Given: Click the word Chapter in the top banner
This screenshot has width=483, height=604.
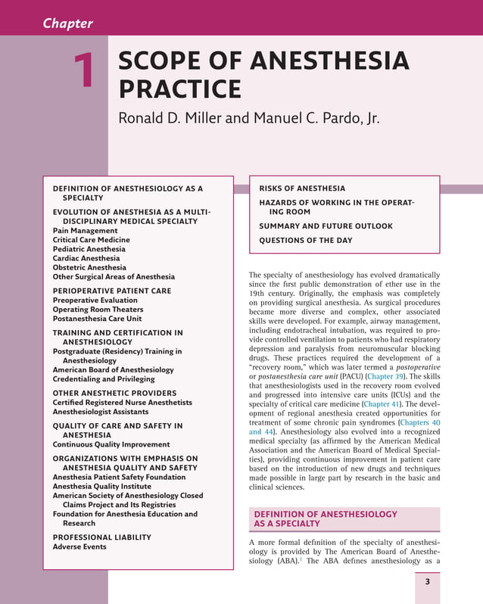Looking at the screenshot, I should pyautogui.click(x=67, y=23).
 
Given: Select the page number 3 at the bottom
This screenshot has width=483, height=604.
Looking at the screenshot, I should pyautogui.click(x=427, y=581).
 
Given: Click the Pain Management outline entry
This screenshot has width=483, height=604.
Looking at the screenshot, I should pyautogui.click(x=85, y=230).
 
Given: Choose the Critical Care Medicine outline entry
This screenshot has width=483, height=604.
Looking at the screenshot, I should pyautogui.click(x=91, y=240).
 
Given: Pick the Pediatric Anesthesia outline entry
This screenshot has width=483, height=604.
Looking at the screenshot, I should pyautogui.click(x=89, y=249).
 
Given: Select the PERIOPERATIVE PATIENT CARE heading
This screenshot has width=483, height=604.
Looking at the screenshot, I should pyautogui.click(x=111, y=291).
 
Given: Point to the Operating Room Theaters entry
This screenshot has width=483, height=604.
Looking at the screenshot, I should pyautogui.click(x=98, y=310).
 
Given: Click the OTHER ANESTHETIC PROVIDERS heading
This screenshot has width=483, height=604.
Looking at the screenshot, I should pyautogui.click(x=114, y=393).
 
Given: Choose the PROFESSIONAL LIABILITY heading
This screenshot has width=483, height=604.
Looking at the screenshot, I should pyautogui.click(x=101, y=537).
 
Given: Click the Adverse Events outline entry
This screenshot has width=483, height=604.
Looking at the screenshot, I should pyautogui.click(x=79, y=546).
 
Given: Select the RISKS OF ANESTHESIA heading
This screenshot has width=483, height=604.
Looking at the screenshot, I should pyautogui.click(x=302, y=188).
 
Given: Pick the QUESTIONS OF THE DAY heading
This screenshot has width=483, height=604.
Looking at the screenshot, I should pyautogui.click(x=305, y=241).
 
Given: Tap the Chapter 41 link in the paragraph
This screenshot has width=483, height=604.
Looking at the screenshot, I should pyautogui.click(x=386, y=404).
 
